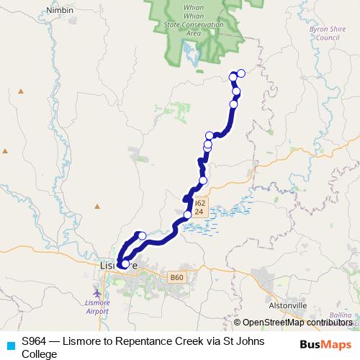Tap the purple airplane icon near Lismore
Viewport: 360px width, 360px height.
(x=97, y=293)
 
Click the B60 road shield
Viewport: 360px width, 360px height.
(x=178, y=277)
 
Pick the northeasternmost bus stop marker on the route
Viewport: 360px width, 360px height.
(x=241, y=73)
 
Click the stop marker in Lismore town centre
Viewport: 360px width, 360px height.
(x=125, y=264)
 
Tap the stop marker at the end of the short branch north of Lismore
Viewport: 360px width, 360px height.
(x=142, y=235)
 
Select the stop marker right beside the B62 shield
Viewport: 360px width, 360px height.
(x=188, y=214)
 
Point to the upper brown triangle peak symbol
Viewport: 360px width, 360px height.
(x=21, y=91)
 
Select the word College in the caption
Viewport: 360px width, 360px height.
(x=39, y=354)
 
